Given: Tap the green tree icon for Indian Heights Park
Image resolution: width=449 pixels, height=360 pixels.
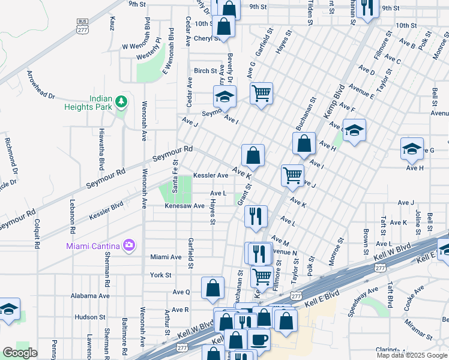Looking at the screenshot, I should tap(122, 101).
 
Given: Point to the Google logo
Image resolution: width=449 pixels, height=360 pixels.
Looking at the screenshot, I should tap(19, 353).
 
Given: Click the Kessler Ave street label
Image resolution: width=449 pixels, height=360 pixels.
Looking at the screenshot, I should tap(211, 176).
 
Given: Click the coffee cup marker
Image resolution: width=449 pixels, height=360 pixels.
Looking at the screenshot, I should tap(259, 339).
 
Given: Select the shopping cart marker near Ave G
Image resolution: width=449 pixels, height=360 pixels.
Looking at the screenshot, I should tap(261, 93).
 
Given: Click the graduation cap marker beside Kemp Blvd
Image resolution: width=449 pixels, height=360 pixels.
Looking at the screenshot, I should tap(354, 130).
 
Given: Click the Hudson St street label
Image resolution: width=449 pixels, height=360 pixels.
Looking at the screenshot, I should tap(91, 317).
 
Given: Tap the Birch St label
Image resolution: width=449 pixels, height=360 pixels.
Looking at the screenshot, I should tap(205, 71).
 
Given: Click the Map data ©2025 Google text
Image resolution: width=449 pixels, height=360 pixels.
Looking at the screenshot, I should tap(412, 355).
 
